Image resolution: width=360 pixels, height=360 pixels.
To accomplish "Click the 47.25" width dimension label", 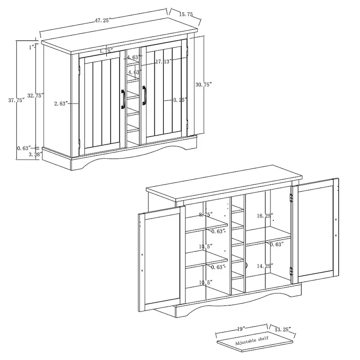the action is tap(103, 20).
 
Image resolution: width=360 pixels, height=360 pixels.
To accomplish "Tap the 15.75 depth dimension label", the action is tap(186, 14).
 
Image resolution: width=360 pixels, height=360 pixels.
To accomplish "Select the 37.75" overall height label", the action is tap(17, 100).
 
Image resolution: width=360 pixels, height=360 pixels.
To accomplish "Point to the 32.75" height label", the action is tap(36, 95).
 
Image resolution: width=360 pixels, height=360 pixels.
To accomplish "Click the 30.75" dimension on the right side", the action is tap(203, 85).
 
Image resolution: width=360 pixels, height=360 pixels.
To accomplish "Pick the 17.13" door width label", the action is tap(164, 62).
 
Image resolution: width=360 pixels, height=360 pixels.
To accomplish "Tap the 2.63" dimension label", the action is tap(61, 103).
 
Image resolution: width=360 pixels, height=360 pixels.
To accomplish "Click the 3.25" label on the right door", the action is tap(180, 100).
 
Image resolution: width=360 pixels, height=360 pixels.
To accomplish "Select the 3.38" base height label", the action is tap(36, 154).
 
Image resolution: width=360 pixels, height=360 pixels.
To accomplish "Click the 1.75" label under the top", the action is tap(106, 51).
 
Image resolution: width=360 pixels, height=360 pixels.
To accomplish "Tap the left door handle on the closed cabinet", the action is tap(123, 99).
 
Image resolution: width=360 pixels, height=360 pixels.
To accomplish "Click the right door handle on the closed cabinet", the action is tap(144, 95).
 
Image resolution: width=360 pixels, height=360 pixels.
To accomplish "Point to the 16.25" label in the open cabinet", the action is tap(265, 216).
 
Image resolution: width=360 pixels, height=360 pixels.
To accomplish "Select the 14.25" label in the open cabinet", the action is tap(265, 266).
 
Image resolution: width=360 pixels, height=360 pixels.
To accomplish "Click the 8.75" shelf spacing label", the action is tap(206, 215).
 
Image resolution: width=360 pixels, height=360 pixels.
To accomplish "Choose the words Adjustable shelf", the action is tap(252, 341).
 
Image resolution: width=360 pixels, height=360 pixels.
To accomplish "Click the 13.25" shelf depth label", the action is tap(283, 329).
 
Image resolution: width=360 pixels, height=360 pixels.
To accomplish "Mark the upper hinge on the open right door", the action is tap(291, 198).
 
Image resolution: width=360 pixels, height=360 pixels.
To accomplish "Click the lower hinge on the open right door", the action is tap(291, 271).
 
